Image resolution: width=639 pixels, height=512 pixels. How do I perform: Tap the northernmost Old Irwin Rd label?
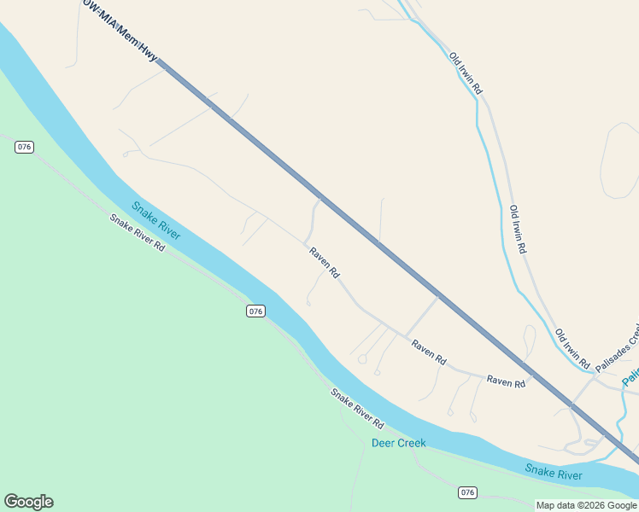coord(466,73)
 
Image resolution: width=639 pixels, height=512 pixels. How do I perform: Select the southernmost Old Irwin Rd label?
coord(572,348)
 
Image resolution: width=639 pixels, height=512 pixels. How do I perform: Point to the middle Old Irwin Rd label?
coord(518,229)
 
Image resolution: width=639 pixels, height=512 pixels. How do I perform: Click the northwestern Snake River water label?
coord(155,220)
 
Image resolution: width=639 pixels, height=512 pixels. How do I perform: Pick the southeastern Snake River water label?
coord(554,471)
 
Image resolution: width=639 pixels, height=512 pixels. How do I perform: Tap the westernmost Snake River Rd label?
coord(137,231)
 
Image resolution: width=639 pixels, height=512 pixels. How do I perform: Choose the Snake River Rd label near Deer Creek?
coord(357,409)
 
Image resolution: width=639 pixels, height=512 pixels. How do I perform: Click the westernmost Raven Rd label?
coord(325,263)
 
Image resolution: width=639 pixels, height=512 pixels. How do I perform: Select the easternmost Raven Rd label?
coord(506,382)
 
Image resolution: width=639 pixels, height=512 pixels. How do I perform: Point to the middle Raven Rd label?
coord(429,352)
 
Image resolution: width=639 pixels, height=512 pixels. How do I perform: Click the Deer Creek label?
coord(398,443)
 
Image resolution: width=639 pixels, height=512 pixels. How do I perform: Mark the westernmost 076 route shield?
coord(24,147)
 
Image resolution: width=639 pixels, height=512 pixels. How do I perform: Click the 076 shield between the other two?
coord(255,311)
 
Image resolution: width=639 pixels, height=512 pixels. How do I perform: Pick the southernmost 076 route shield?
coord(466,492)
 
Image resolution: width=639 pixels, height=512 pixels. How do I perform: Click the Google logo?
coord(28,502)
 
